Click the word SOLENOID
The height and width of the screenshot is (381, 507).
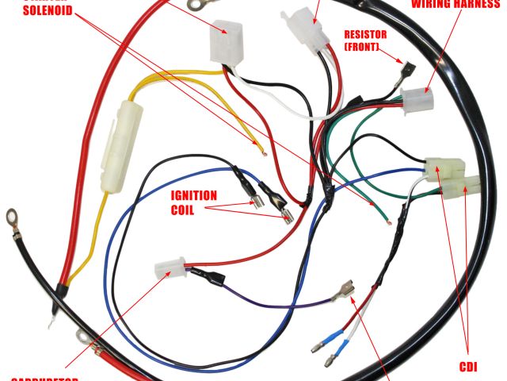click(48, 11)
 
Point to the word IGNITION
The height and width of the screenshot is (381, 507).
click(193, 195)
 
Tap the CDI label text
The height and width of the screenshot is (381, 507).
click(468, 367)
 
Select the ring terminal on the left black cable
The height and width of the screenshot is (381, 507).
click(13, 216)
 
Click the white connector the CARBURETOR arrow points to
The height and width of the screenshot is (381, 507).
click(170, 269)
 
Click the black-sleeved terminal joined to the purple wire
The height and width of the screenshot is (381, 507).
click(209, 277)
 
